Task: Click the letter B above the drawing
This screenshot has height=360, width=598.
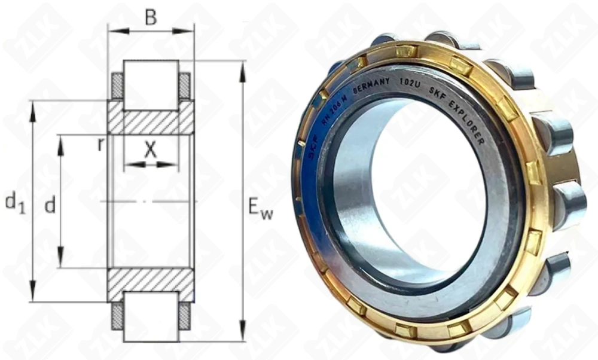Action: pyautogui.click(x=151, y=17)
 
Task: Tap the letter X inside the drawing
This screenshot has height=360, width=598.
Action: pyautogui.click(x=150, y=150)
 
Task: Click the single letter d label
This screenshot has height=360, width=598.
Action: pyautogui.click(x=50, y=206)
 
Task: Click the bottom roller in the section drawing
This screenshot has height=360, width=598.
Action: pyautogui.click(x=151, y=316)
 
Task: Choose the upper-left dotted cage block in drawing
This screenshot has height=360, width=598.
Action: pyautogui.click(x=117, y=86)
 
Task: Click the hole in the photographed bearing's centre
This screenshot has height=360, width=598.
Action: pyautogui.click(x=419, y=197)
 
